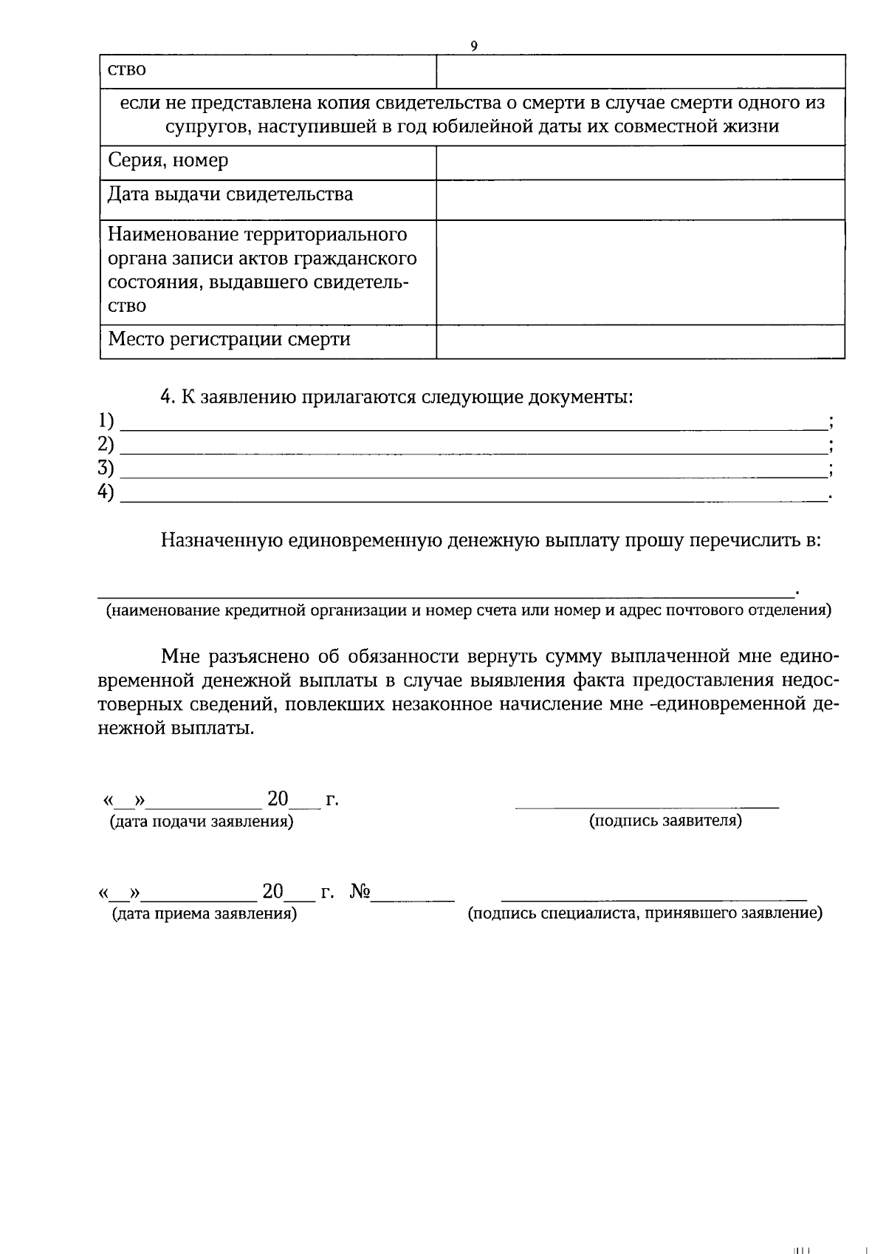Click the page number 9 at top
tap(474, 46)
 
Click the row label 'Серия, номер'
tap(168, 160)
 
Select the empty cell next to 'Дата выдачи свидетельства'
tap(639, 199)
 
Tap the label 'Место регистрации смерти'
tap(229, 339)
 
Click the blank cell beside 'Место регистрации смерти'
tap(639, 341)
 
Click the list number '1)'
tap(106, 421)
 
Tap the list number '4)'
tap(106, 492)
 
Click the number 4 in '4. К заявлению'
tap(166, 397)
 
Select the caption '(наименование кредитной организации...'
tap(468, 610)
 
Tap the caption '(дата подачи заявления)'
tap(202, 822)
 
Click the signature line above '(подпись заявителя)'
tap(647, 805)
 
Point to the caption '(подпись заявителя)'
tap(665, 821)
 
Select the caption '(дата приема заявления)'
tap(204, 914)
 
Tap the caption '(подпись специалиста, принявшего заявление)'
tap(645, 913)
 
